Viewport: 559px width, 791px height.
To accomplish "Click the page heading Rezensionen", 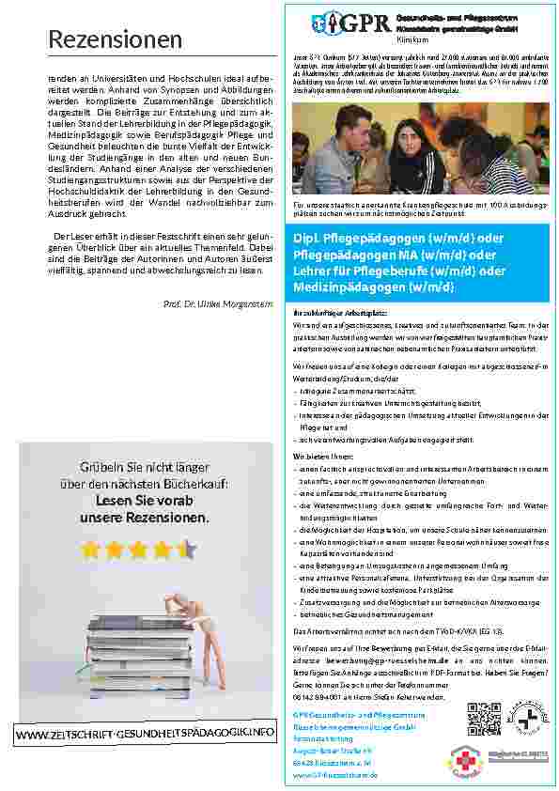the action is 115,39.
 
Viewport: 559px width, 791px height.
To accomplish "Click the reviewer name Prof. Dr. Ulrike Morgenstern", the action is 218,303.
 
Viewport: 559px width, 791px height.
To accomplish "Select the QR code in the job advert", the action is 484,718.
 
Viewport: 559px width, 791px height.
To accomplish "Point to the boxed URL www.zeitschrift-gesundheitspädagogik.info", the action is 145,757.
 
